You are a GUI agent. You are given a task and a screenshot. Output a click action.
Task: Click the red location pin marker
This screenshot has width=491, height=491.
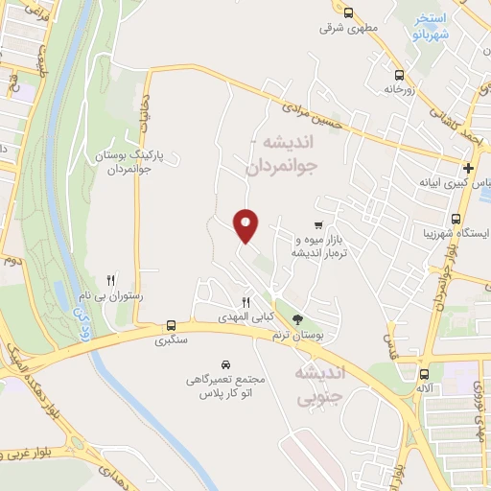click(x=246, y=224)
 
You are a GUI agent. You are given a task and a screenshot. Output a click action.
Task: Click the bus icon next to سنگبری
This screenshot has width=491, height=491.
click(x=171, y=324)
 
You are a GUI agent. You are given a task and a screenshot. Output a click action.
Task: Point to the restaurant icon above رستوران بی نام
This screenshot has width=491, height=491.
click(x=111, y=281)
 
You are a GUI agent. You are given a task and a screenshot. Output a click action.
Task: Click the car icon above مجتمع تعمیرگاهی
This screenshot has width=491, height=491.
click(x=225, y=364)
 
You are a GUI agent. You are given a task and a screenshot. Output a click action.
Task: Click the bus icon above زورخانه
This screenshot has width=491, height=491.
click(x=399, y=74)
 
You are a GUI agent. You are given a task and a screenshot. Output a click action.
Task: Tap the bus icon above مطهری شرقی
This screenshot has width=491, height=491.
click(x=348, y=13)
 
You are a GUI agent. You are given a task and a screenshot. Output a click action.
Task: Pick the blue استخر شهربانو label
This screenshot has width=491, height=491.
click(x=430, y=27)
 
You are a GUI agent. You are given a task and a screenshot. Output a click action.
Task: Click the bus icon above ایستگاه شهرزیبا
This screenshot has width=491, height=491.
click(x=456, y=218)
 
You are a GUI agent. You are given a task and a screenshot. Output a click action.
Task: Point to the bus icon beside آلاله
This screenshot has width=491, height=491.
click(x=423, y=373)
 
